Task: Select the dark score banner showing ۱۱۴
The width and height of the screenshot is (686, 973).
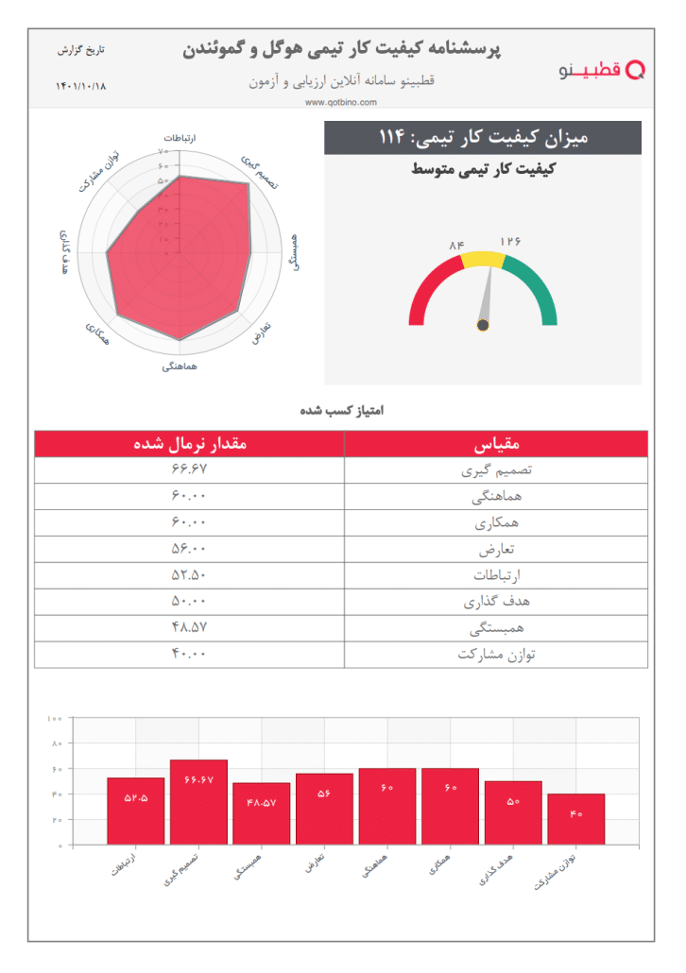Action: pos(483,138)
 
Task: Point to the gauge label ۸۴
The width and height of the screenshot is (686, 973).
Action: pos(457,247)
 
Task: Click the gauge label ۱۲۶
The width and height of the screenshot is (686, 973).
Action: pos(511,241)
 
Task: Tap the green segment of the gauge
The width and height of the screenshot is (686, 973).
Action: pos(535,287)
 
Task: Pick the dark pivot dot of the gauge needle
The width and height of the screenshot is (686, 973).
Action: pos(483,325)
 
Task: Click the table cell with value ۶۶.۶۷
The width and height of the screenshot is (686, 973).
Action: pos(189,469)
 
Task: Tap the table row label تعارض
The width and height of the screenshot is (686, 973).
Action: pos(496,549)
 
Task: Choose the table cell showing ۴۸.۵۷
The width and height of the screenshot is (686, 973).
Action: pos(189,627)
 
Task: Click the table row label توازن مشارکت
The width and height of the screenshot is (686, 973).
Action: pos(496,654)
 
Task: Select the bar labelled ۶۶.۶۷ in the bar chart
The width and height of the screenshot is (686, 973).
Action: pos(198,802)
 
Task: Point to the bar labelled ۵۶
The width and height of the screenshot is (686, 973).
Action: pos(324,809)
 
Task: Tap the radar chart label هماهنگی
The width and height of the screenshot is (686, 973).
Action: pos(180,365)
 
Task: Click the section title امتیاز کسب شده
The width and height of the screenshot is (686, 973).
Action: pos(341,411)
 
